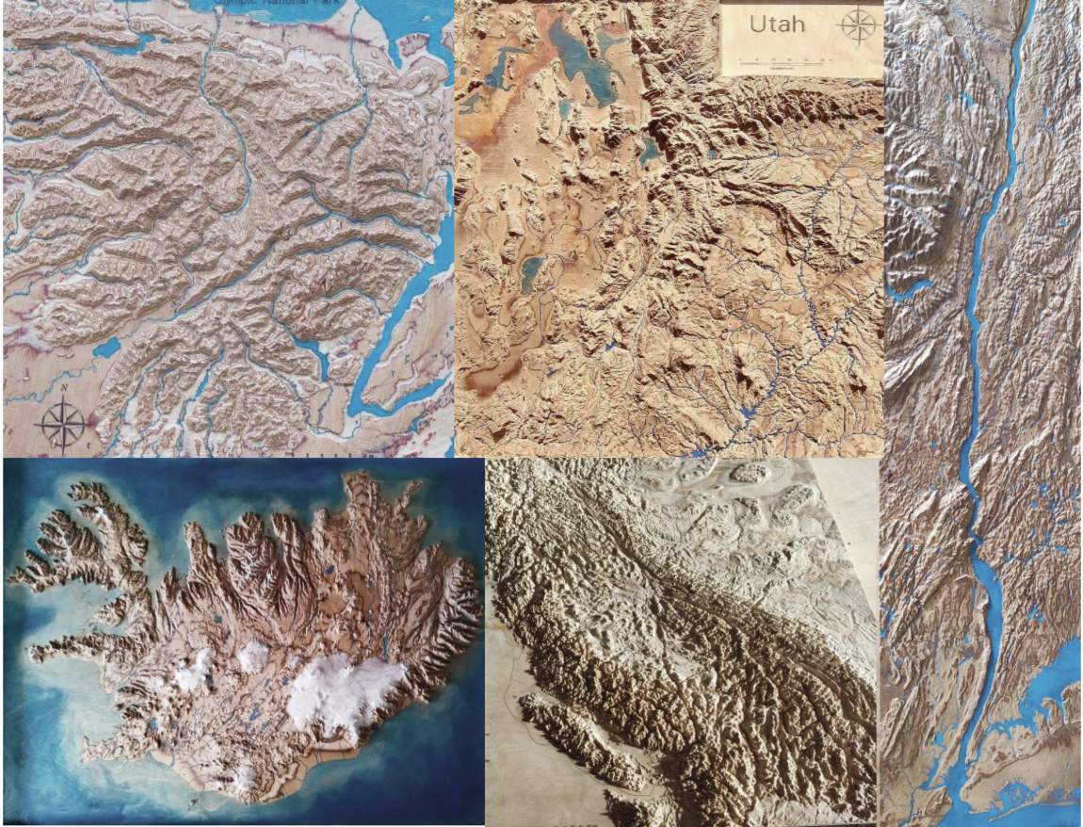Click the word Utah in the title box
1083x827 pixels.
coord(777,24)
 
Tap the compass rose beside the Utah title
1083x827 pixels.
coord(857,24)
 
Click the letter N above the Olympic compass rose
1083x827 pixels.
coord(60,387)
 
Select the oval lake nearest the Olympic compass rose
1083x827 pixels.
coord(106,348)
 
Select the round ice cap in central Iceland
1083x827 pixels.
coord(252,657)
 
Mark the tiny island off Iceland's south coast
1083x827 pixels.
coord(193,803)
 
